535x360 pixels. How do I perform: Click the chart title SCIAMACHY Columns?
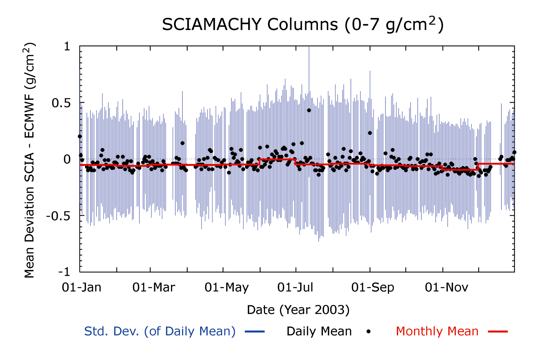(x=303, y=25)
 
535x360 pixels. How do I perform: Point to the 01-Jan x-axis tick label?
(x=82, y=287)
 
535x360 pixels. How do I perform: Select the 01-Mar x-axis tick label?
(x=154, y=287)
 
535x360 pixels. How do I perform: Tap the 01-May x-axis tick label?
(x=226, y=287)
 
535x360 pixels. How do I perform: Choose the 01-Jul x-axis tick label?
(x=295, y=287)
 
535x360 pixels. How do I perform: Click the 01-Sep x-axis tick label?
(x=373, y=287)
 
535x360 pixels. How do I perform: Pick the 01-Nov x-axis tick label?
(x=446, y=287)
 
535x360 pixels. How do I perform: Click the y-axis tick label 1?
(x=67, y=46)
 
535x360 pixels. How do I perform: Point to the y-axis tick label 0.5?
(x=61, y=103)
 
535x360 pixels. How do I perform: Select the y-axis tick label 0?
(x=67, y=159)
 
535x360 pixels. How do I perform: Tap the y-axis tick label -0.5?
(x=58, y=216)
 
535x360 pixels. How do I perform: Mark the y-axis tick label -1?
(x=64, y=272)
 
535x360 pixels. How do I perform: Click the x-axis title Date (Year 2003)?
(x=298, y=310)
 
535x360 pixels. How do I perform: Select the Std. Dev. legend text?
(x=160, y=331)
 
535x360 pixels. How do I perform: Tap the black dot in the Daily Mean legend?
(x=368, y=332)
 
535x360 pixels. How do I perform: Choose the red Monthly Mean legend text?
(x=437, y=331)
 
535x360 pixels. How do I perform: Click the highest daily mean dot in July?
(x=309, y=110)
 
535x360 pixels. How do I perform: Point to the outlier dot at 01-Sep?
(x=370, y=133)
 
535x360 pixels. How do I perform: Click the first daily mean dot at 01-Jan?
(x=80, y=136)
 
